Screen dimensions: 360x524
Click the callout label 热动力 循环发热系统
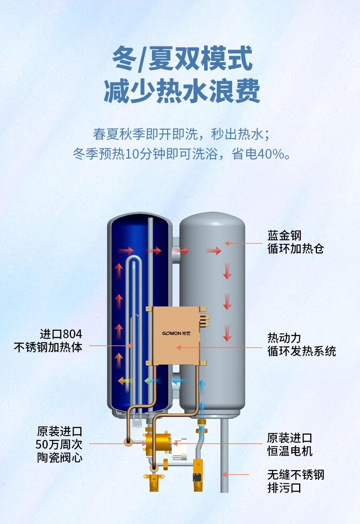(301, 344)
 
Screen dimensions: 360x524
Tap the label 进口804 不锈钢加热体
(48, 341)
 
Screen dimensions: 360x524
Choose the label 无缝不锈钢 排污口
(296, 481)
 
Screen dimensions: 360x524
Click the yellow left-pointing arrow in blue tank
(126, 381)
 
